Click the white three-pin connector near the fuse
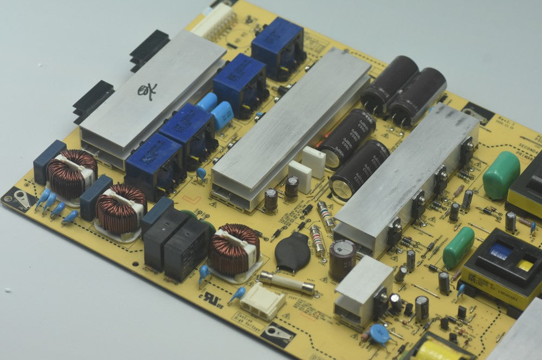(263, 301)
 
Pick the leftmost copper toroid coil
(71, 173)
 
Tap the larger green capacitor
(501, 175)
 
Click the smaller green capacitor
(459, 247)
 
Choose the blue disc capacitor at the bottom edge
(379, 335)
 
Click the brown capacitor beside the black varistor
(343, 260)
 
